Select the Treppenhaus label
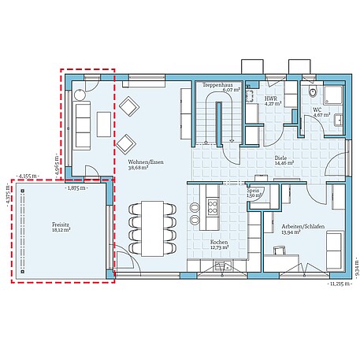tap(217, 84)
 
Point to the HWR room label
tap(271, 98)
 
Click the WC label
tap(317, 109)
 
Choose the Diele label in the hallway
tap(281, 158)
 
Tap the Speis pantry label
tap(254, 190)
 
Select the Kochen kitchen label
tap(219, 242)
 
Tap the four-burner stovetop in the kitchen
tap(213, 207)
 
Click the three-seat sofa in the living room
tap(81, 124)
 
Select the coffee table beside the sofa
tap(103, 125)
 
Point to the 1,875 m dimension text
tap(76, 188)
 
